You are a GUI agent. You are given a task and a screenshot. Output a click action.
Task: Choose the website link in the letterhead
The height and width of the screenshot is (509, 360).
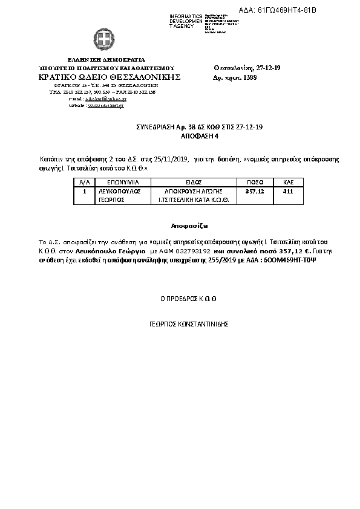pyautogui.click(x=89, y=105)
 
